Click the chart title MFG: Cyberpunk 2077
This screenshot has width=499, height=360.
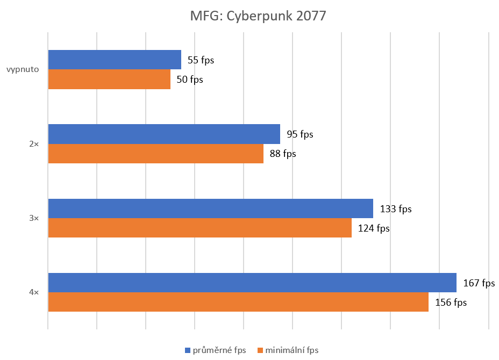[258, 16]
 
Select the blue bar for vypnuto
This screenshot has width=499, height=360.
[115, 60]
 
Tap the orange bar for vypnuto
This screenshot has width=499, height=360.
[109, 80]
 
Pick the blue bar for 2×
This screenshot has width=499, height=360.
[164, 134]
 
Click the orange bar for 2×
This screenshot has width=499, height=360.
[156, 154]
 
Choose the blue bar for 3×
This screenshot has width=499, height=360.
[210, 208]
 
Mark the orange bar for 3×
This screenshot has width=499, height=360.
[199, 228]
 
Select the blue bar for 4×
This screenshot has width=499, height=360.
[252, 283]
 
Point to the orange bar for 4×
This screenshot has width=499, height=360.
[238, 302]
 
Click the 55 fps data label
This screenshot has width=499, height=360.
[201, 60]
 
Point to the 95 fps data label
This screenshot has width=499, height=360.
[300, 134]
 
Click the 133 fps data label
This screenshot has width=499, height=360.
[395, 209]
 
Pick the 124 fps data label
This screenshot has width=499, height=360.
[373, 228]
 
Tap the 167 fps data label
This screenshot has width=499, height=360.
[479, 283]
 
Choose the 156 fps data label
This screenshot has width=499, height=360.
[451, 303]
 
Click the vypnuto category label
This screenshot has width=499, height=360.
[23, 69]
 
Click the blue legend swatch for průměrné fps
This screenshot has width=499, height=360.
[188, 350]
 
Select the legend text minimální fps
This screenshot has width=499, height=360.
[292, 350]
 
